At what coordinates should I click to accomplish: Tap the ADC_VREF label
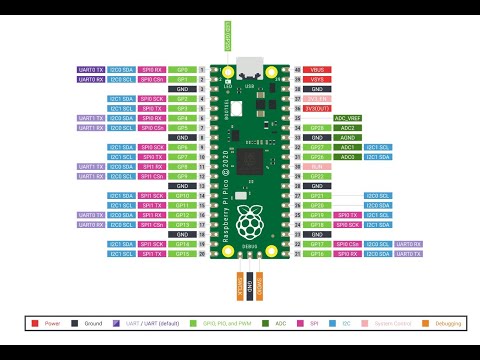click(x=348, y=118)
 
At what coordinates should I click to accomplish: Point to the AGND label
click(x=348, y=137)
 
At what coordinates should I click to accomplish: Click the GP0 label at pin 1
click(x=182, y=70)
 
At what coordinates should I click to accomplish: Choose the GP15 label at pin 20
click(x=182, y=253)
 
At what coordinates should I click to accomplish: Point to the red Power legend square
click(x=36, y=324)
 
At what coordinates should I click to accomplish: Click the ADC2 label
click(x=348, y=127)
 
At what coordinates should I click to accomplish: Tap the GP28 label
click(x=317, y=127)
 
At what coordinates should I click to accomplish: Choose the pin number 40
click(x=297, y=70)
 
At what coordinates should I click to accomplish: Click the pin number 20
click(x=202, y=253)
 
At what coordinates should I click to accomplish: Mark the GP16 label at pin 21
click(x=317, y=253)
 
